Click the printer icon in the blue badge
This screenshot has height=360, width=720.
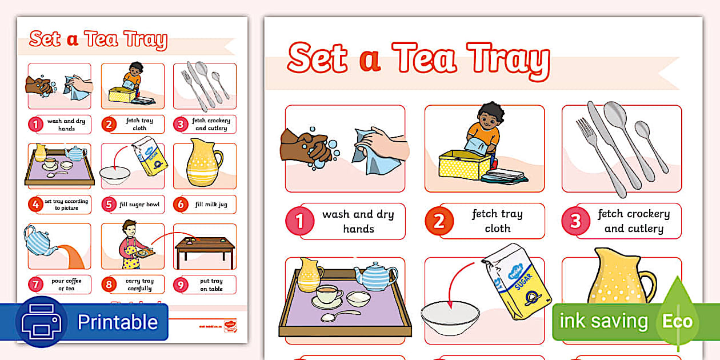tap(41, 322)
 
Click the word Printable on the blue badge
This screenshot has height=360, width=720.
tap(117, 322)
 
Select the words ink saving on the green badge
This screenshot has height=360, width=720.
tap(603, 321)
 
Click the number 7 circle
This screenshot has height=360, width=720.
tap(36, 285)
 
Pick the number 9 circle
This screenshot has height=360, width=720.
tap(181, 285)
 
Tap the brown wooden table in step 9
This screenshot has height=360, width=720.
tap(205, 249)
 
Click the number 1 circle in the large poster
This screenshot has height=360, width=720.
tap(299, 221)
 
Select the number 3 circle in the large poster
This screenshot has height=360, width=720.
tap(575, 221)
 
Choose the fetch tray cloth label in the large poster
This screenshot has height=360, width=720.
tap(497, 221)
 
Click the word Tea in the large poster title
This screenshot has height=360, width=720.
tap(423, 58)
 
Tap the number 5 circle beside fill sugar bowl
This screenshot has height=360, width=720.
tap(109, 205)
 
